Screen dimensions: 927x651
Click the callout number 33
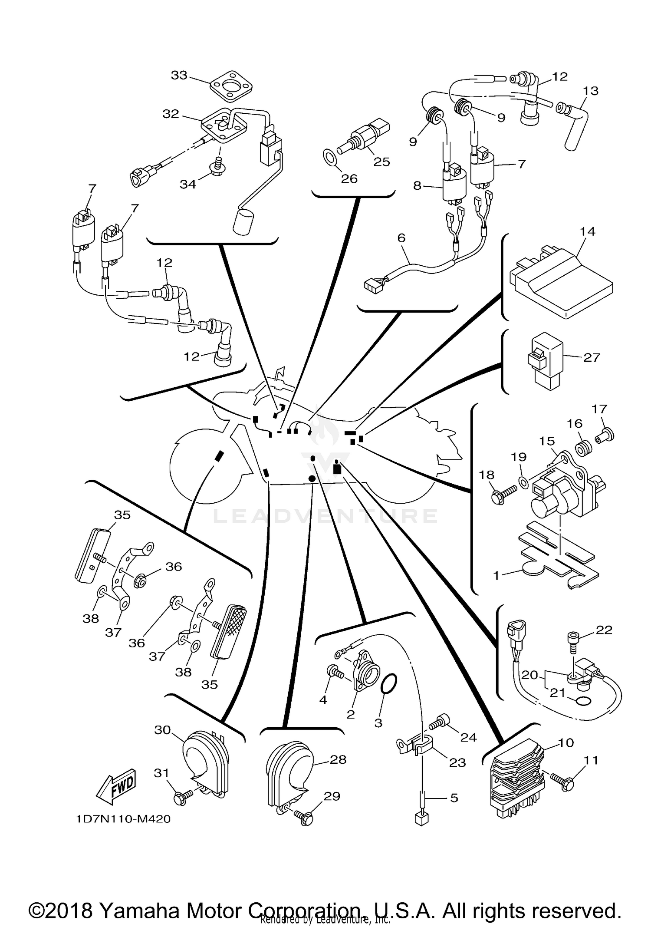tap(179, 75)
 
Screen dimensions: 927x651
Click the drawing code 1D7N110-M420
tap(123, 819)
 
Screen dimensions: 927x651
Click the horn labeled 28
tap(288, 778)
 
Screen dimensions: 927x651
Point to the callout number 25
tap(382, 162)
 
